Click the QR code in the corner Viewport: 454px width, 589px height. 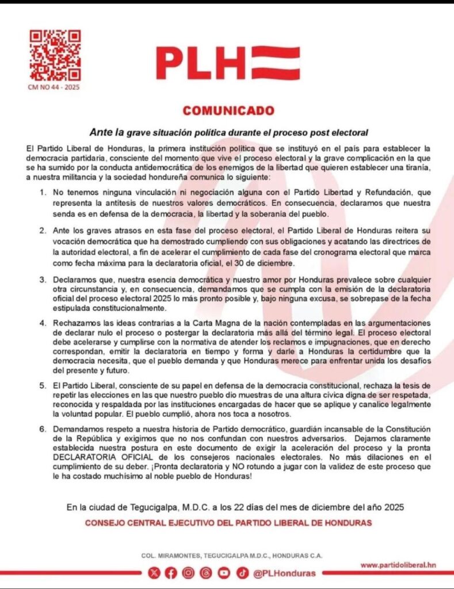coord(55,55)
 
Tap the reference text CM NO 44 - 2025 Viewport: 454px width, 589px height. coord(54,88)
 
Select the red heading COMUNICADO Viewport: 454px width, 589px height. coord(228,110)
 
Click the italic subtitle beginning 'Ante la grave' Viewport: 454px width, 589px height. coord(228,132)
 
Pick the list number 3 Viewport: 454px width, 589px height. coord(43,280)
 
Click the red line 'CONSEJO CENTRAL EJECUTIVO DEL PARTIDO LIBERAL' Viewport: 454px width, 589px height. coord(228,523)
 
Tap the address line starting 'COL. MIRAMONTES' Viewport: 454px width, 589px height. coord(232,556)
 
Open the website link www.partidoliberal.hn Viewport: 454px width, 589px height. coord(398,565)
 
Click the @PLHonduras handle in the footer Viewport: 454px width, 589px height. coord(284,573)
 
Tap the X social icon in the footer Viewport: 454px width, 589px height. coord(153,573)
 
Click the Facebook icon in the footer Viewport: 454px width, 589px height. coord(171,573)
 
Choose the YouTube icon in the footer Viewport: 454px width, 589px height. coord(224,573)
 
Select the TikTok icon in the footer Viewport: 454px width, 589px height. coord(242,573)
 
